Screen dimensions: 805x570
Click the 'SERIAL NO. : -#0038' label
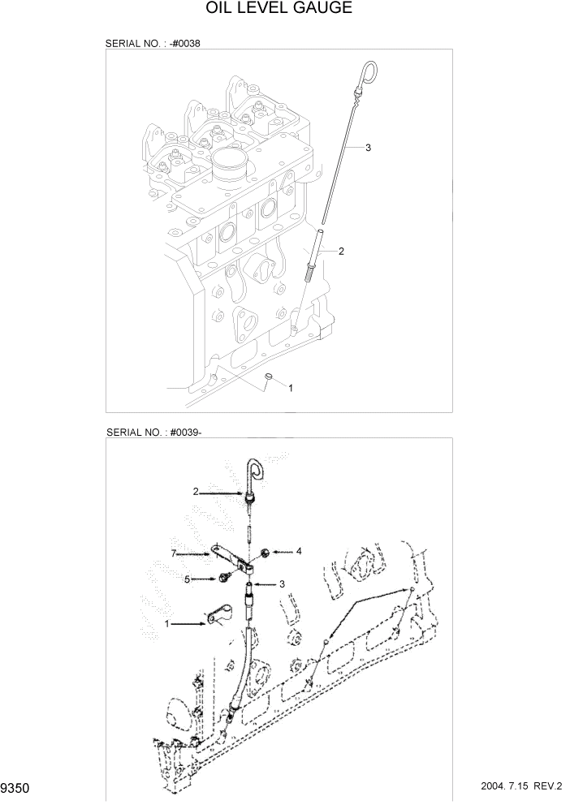(x=153, y=43)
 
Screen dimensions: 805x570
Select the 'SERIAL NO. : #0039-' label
(x=153, y=433)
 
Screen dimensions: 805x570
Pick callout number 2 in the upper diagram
(x=341, y=252)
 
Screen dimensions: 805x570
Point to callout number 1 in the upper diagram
(x=291, y=388)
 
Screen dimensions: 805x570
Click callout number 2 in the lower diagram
(x=196, y=491)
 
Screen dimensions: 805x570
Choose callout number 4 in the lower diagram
(x=299, y=551)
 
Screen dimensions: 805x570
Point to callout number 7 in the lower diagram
(x=173, y=553)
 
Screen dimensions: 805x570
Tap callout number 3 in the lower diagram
(x=281, y=583)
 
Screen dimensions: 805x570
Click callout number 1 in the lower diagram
(x=167, y=624)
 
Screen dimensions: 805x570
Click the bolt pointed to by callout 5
(x=221, y=578)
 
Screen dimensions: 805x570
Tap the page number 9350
(x=15, y=788)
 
